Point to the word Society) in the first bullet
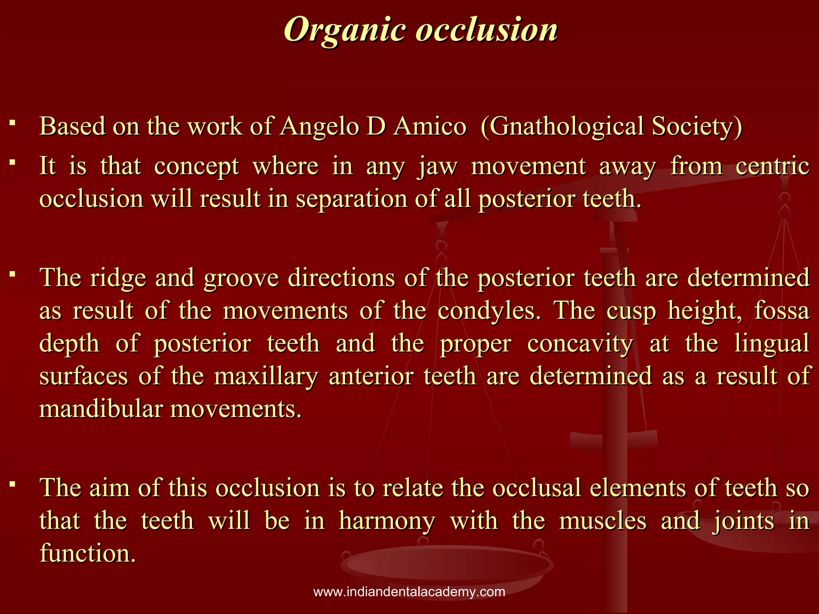pyautogui.click(x=697, y=127)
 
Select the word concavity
pyautogui.click(x=580, y=343)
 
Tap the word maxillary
pyautogui.click(x=266, y=377)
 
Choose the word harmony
pyautogui.click(x=387, y=521)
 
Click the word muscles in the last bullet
pyautogui.click(x=602, y=521)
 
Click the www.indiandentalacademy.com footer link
pyautogui.click(x=409, y=592)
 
